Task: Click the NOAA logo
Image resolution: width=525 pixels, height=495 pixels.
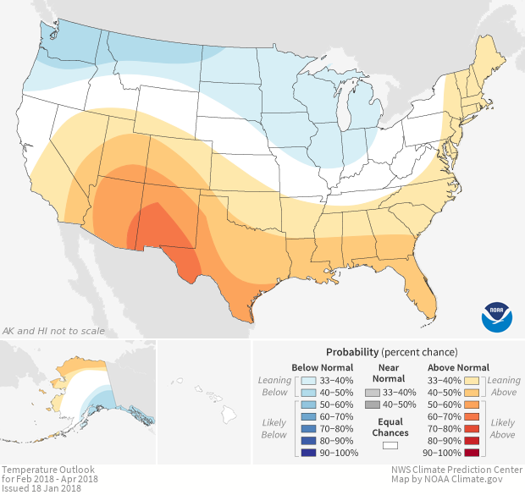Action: point(497,315)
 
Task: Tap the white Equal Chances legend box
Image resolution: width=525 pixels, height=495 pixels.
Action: point(390,445)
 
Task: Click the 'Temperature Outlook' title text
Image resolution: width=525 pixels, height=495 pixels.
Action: point(47,469)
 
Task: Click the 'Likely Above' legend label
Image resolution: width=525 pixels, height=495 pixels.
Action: point(502,429)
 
